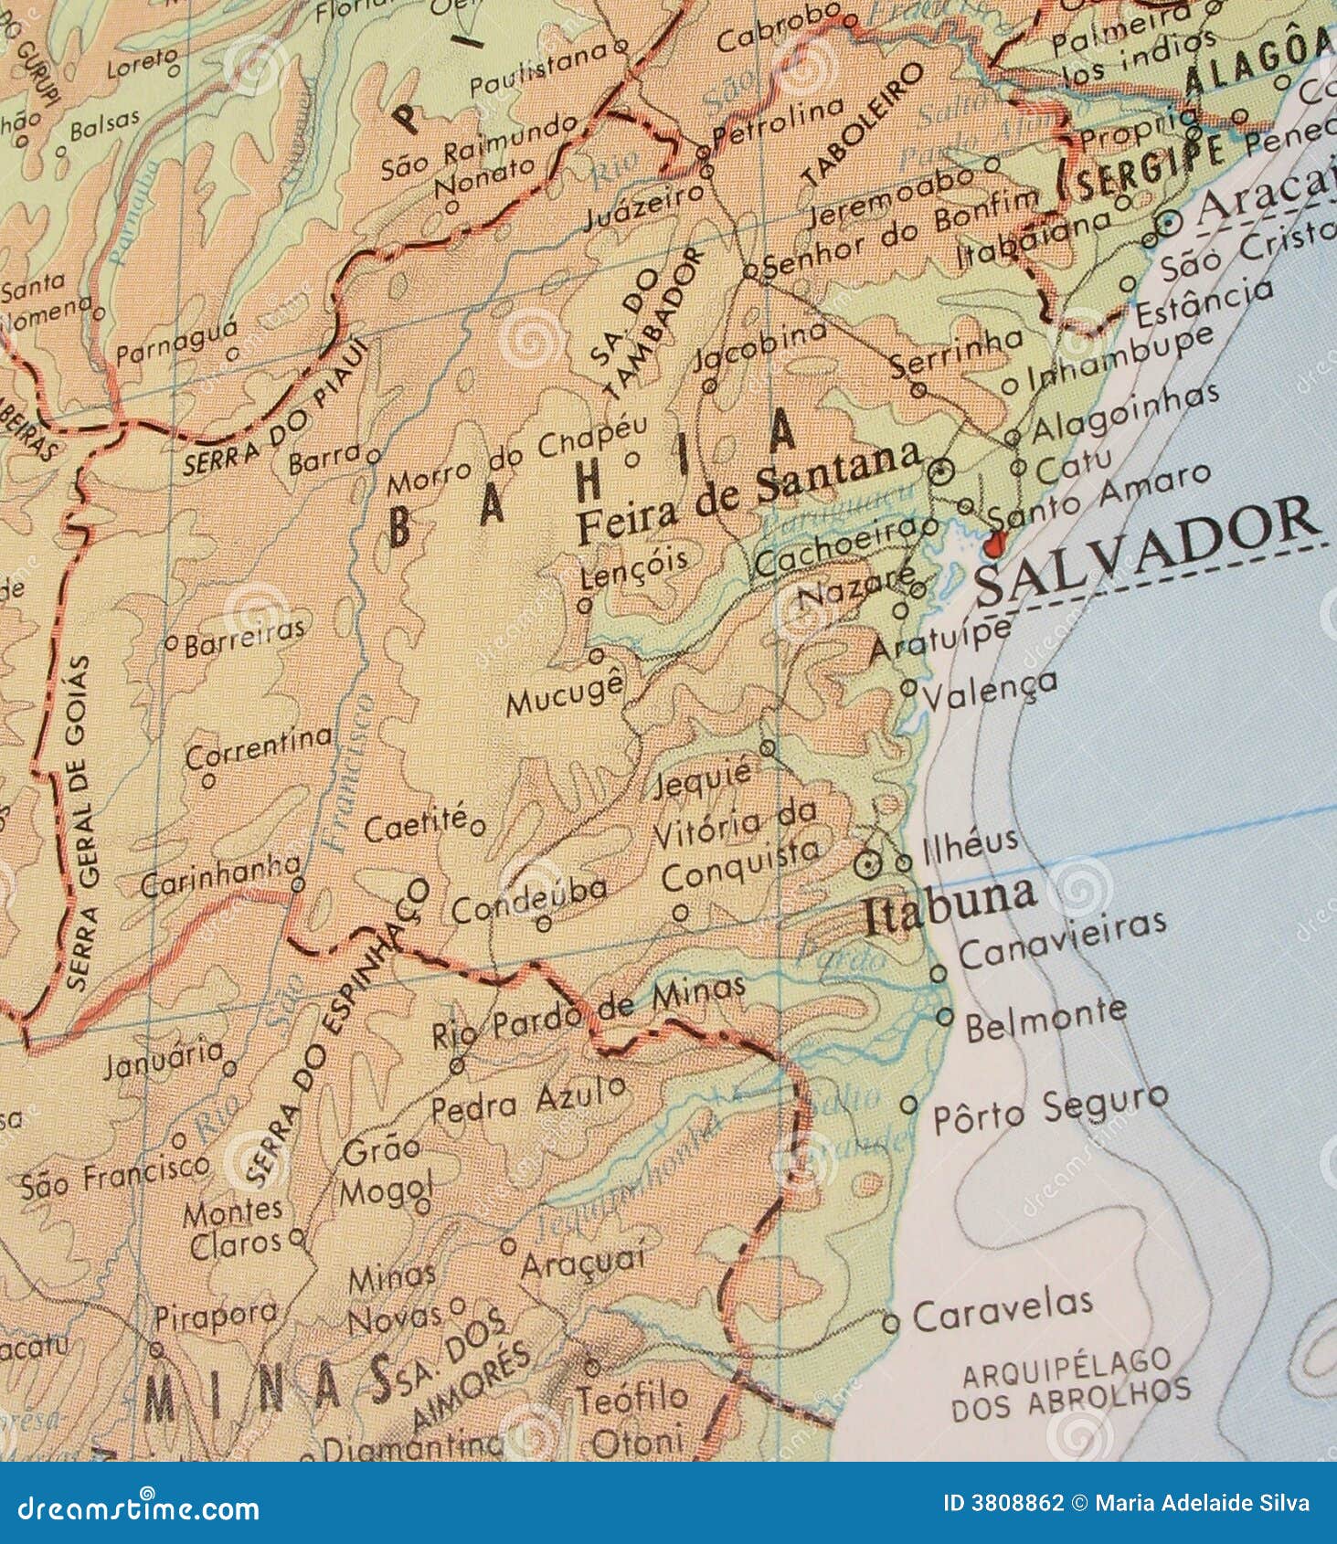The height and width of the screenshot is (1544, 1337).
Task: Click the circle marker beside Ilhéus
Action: (x=904, y=862)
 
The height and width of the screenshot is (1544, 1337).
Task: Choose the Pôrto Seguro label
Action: (x=1049, y=1108)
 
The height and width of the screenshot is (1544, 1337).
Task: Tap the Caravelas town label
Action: (x=1003, y=1310)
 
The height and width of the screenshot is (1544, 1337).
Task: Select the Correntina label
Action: (x=259, y=746)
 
